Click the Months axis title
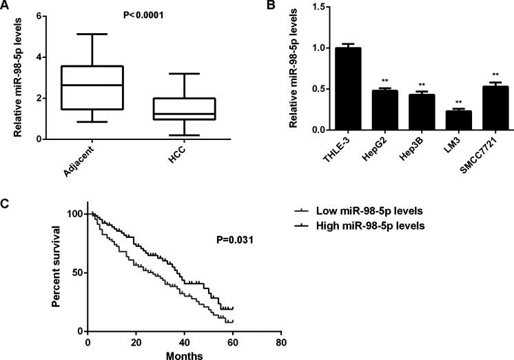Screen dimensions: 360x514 [x=183, y=354]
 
